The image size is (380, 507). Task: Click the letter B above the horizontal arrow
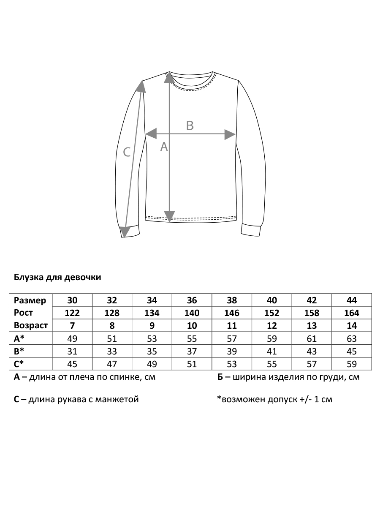[x=190, y=125]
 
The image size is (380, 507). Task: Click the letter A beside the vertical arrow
[x=164, y=147]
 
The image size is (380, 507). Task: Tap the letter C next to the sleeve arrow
[x=127, y=152]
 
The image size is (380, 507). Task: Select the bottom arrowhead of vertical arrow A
[x=169, y=216]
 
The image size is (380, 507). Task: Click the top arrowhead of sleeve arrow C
[x=141, y=86]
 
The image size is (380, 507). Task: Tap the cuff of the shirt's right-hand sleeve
[x=252, y=231]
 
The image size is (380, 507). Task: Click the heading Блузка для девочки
[x=57, y=278]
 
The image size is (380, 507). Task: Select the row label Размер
[x=30, y=300]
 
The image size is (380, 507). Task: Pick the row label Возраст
[x=31, y=326]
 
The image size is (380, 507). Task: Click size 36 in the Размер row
[x=192, y=300]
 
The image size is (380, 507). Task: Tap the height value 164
[x=352, y=313]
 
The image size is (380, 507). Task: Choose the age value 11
[x=232, y=326]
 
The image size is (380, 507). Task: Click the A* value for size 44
[x=352, y=339]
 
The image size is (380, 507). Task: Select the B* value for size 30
[x=73, y=352]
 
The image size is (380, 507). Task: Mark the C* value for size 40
[x=272, y=364]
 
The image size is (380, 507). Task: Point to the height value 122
[x=73, y=313]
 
